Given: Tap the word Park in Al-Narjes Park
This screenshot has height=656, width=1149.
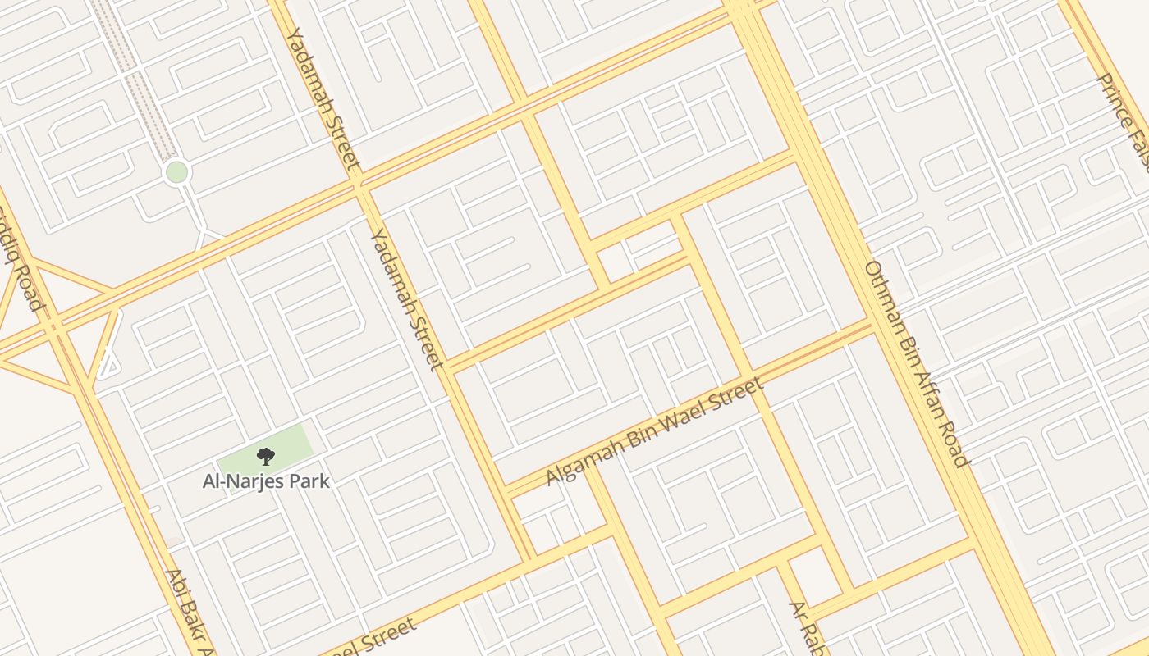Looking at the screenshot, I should (x=308, y=481).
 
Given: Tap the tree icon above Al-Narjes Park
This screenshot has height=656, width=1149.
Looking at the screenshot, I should (x=265, y=457).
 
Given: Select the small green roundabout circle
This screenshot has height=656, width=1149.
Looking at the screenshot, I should (x=176, y=172).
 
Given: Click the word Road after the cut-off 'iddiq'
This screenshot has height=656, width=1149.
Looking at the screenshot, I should (x=27, y=287).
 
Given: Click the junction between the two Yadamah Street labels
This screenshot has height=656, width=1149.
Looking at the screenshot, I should (x=359, y=186).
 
